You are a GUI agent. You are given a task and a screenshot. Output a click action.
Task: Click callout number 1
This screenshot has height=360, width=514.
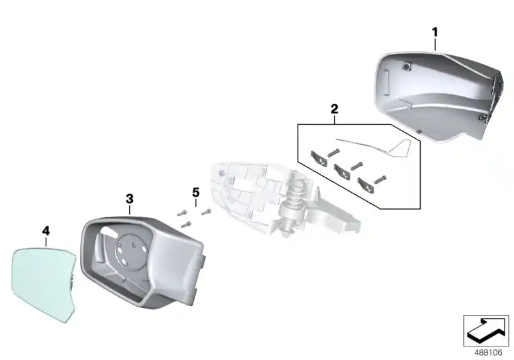[434, 30]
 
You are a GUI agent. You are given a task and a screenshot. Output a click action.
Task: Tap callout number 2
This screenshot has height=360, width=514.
[334, 110]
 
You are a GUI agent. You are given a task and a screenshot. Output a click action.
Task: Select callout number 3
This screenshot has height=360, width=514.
[129, 199]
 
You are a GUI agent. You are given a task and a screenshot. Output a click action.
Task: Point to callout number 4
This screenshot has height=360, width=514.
[46, 230]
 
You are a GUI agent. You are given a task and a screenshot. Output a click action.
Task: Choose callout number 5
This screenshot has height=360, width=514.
[196, 192]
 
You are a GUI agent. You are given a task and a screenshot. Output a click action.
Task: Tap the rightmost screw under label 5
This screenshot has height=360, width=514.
[206, 210]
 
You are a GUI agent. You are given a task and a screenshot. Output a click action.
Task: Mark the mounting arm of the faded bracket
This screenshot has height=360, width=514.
[337, 215]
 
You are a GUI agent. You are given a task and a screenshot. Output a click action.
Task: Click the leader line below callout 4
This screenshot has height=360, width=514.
[46, 242]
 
